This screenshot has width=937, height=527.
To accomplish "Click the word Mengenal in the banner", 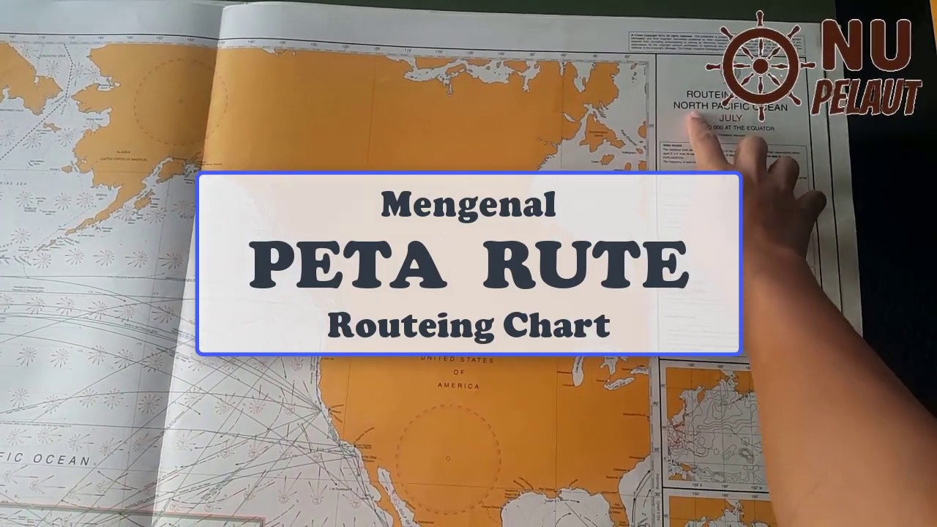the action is pyautogui.click(x=468, y=205).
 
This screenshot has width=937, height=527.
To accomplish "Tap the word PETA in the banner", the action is pyautogui.click(x=348, y=265).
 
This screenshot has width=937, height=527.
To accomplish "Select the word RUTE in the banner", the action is pyautogui.click(x=586, y=265).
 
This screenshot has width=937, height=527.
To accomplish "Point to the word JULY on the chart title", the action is pyautogui.click(x=730, y=118).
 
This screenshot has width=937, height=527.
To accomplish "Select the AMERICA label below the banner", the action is pyautogui.click(x=459, y=385).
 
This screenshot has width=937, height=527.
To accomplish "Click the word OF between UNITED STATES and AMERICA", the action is pyautogui.click(x=458, y=373).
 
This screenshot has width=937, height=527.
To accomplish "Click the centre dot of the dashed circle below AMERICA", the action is pyautogui.click(x=448, y=459).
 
